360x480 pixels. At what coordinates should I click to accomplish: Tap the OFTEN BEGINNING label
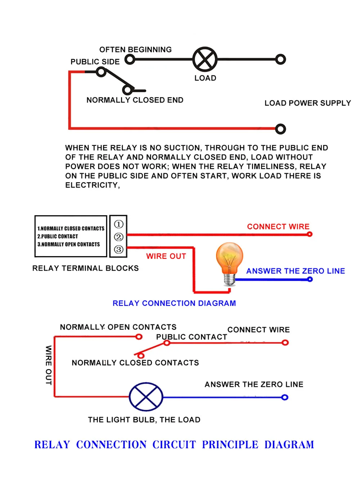click(x=135, y=50)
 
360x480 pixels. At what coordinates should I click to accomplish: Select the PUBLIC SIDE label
click(x=95, y=62)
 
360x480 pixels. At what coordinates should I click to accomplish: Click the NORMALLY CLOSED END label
click(x=135, y=100)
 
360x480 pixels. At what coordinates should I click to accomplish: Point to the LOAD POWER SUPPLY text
click(x=307, y=103)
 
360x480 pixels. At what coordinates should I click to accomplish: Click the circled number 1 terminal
click(x=118, y=224)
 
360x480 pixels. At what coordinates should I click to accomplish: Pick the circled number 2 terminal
click(x=118, y=237)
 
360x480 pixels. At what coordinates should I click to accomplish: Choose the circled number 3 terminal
click(x=118, y=249)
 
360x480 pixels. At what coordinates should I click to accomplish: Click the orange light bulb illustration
click(x=229, y=264)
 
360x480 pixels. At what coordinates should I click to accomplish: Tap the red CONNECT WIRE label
click(x=278, y=227)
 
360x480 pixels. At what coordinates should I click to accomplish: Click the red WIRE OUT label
click(x=166, y=256)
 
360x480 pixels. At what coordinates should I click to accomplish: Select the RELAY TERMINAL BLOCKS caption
click(x=85, y=268)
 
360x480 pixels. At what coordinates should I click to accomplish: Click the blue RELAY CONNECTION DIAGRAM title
click(x=174, y=303)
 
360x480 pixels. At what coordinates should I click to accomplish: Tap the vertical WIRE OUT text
click(x=49, y=365)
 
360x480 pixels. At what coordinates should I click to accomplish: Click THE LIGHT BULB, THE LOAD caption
click(x=144, y=420)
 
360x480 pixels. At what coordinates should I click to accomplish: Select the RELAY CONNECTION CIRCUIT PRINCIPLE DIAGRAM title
click(x=174, y=445)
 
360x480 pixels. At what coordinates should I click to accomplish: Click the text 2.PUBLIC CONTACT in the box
click(x=58, y=236)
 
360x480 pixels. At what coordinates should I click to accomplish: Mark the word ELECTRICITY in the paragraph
click(x=93, y=185)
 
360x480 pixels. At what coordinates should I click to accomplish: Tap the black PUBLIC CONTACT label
click(x=192, y=337)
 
